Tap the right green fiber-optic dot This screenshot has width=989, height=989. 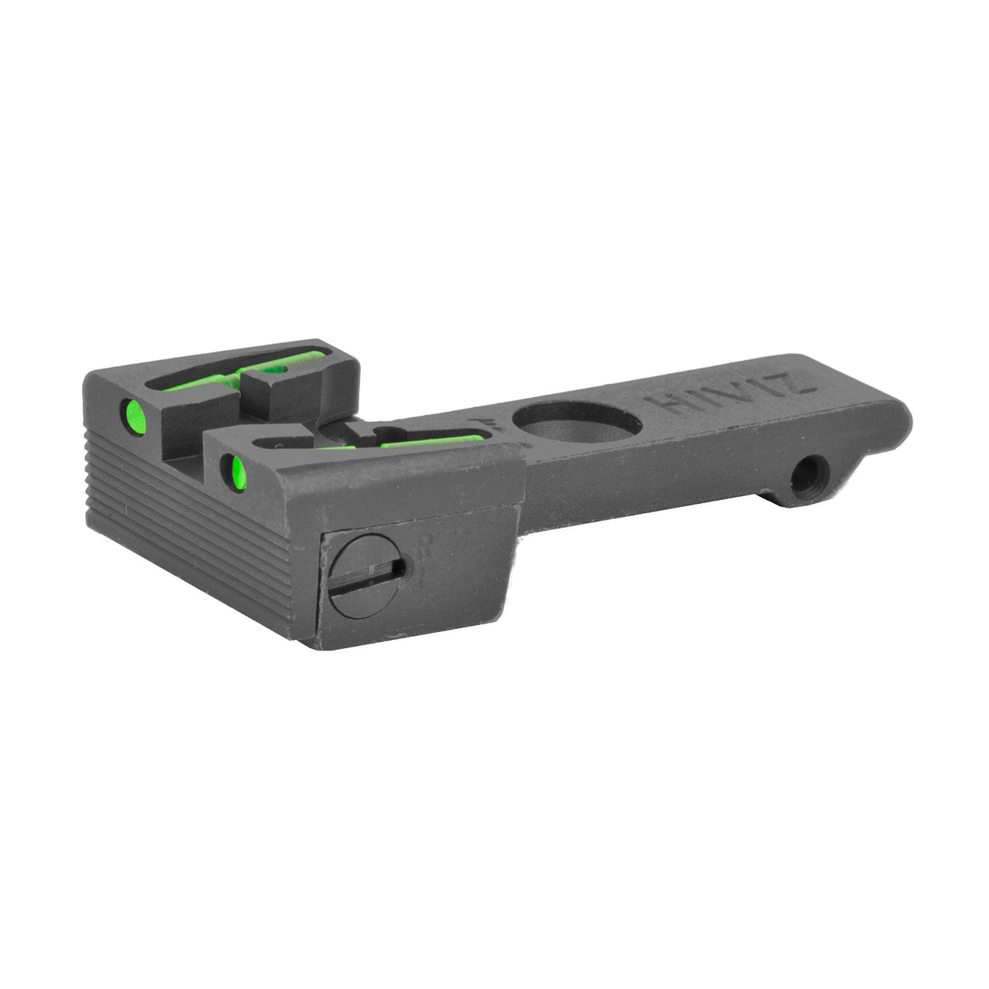pyautogui.click(x=229, y=465)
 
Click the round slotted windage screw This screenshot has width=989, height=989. pyautogui.click(x=369, y=576)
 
